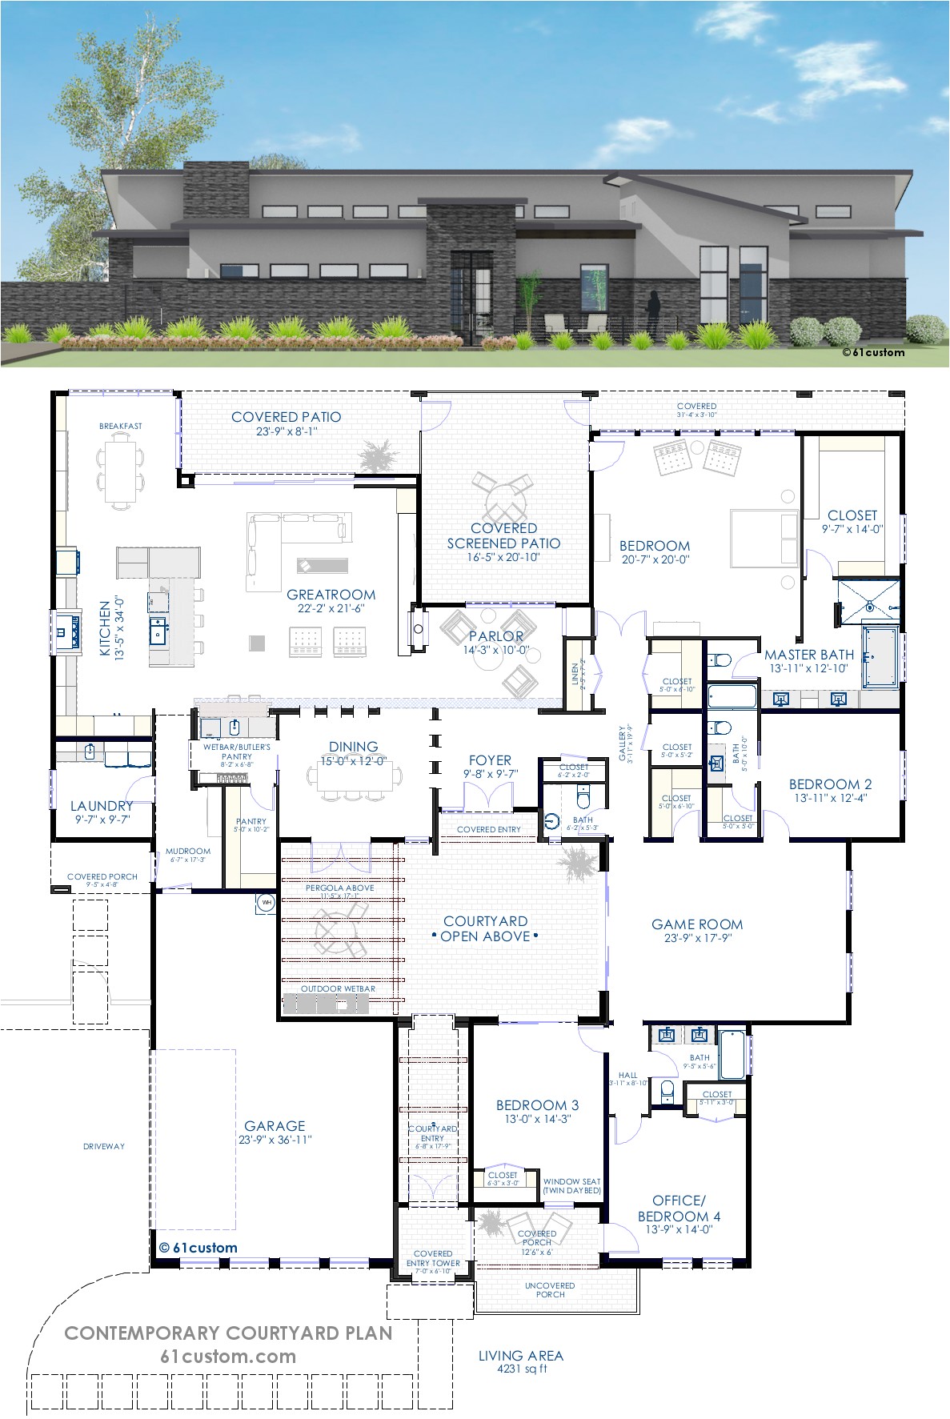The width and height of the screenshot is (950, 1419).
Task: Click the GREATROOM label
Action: [331, 595]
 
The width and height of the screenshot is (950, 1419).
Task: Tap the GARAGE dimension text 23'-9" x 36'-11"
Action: [275, 1140]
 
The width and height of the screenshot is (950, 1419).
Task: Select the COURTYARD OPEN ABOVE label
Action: [485, 928]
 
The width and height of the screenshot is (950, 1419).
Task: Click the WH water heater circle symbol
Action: [265, 904]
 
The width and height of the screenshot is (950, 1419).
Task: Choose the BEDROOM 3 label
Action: [537, 1105]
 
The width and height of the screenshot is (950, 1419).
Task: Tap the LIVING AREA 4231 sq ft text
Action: [520, 1361]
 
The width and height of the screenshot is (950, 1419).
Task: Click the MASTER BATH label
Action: [808, 655]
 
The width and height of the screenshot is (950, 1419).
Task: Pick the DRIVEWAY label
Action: [104, 1146]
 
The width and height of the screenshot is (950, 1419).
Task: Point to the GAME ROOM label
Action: [696, 924]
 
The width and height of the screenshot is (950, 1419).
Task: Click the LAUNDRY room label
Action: [101, 806]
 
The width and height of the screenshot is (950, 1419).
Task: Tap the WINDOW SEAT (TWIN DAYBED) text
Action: [571, 1185]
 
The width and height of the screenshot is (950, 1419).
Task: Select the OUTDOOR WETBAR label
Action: [338, 988]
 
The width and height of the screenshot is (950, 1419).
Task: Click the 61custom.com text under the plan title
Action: [227, 1357]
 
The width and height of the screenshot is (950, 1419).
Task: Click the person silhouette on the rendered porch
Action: [653, 312]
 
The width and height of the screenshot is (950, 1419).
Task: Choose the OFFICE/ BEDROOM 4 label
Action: [679, 1208]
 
